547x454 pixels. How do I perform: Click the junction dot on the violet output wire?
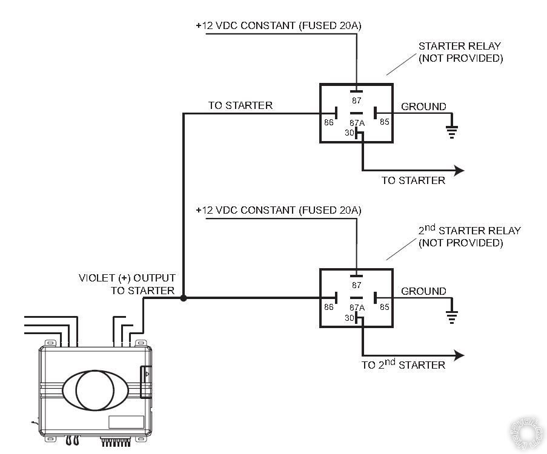(183, 298)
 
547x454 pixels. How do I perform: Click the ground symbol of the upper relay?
(452, 133)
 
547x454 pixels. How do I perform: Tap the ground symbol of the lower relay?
(452, 317)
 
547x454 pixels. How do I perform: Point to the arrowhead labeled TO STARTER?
(459, 171)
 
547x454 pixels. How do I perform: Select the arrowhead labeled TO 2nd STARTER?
(459, 355)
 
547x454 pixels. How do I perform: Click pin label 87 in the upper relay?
(357, 100)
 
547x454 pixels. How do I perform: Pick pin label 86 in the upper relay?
(328, 122)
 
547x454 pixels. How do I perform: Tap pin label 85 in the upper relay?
(385, 122)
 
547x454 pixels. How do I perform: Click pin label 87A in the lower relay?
(357, 308)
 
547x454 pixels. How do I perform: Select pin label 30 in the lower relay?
(349, 318)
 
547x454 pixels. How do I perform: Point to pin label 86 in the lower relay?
(328, 307)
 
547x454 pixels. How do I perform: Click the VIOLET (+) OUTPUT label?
(127, 278)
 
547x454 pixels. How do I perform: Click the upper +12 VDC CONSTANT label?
(279, 25)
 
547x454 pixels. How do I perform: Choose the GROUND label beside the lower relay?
(423, 291)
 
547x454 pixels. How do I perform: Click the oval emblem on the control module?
(96, 390)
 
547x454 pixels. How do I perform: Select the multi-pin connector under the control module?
(116, 441)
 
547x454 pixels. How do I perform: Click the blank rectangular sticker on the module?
(126, 422)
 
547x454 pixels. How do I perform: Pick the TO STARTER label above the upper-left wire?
(240, 105)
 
